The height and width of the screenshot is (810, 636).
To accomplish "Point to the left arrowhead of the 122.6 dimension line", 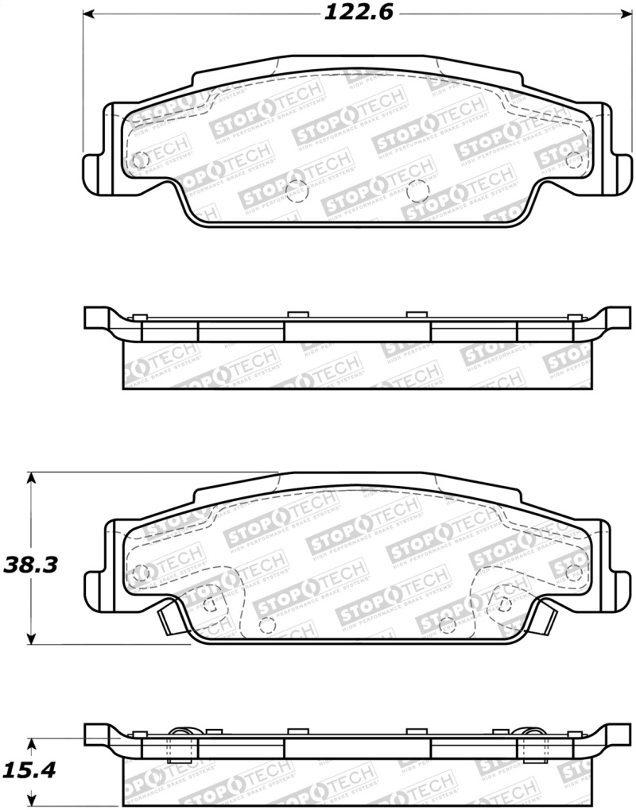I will coord(90,14).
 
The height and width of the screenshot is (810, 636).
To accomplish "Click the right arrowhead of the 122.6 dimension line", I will coord(625,14).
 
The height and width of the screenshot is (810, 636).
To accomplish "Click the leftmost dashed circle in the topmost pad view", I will coord(141,160).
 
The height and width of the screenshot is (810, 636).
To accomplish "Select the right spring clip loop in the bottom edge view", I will coord(531,735).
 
